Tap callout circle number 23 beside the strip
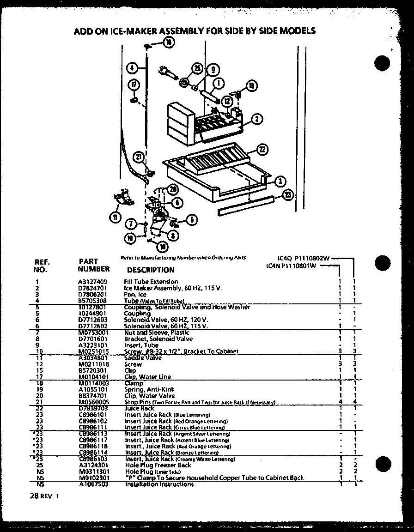[x=287, y=195]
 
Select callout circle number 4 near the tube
[x=131, y=67]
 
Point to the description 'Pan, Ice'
[x=135, y=294]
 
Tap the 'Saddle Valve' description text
[x=143, y=358]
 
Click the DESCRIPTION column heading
[x=151, y=270]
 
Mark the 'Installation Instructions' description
[x=159, y=484]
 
